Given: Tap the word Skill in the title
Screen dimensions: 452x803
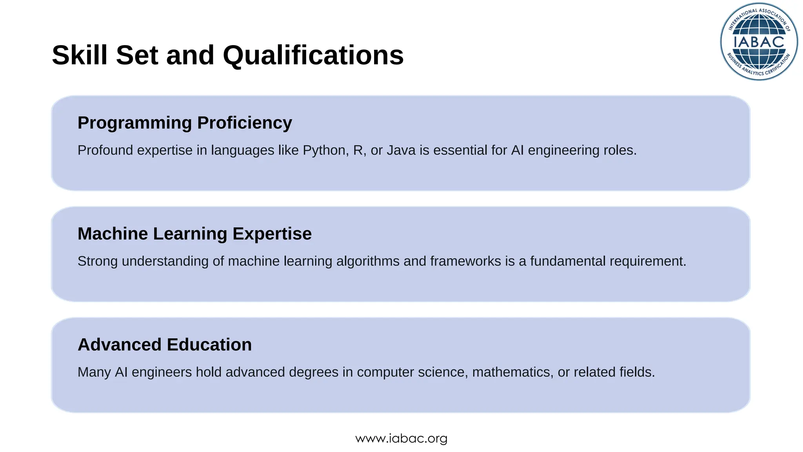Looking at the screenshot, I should [79, 55].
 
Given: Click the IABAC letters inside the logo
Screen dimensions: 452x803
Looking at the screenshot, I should [759, 42].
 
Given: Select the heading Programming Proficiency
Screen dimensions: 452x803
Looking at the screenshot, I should [185, 123].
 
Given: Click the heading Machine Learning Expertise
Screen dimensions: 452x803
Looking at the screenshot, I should [194, 234].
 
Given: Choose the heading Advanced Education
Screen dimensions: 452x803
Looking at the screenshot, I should [165, 345].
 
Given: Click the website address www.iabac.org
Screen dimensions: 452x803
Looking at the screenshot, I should [401, 438].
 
